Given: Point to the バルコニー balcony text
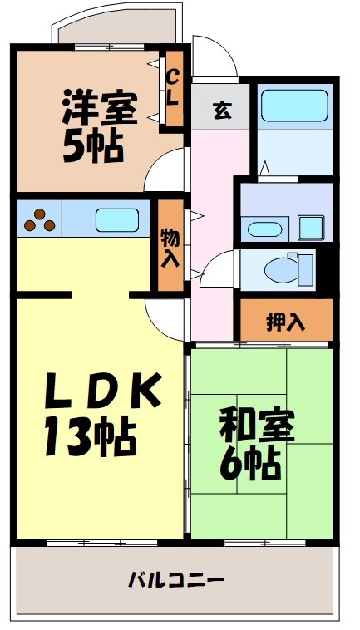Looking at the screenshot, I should tap(175, 579).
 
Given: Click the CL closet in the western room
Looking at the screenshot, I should tap(174, 87).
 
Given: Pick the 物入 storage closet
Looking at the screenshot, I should tap(170, 247).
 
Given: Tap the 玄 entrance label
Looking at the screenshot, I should tap(221, 111).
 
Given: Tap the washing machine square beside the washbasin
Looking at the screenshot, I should tap(312, 226).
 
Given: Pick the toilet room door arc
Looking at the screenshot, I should tap(220, 270).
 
